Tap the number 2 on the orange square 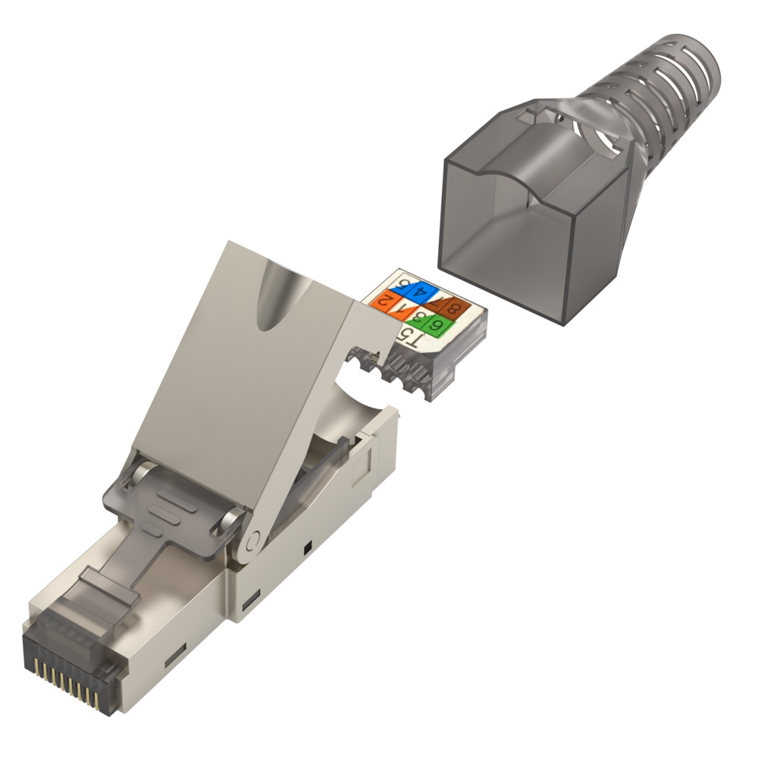387,302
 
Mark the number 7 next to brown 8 438,303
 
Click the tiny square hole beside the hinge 306,547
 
